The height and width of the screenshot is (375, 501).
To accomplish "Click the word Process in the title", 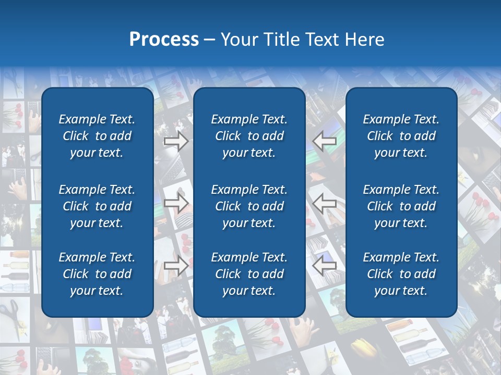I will tap(164, 40).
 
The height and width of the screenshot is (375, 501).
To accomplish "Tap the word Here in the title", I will tap(362, 40).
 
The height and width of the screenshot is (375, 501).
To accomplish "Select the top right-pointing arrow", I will tap(176, 141).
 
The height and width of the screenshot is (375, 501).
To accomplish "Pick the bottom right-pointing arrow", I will tap(176, 266).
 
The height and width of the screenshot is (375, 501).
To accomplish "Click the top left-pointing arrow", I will tap(324, 141).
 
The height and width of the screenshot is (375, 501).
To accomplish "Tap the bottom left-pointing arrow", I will tap(324, 266).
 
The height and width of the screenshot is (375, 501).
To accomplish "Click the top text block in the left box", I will tap(97, 136).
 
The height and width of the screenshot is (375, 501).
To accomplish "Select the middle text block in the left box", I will tap(97, 206).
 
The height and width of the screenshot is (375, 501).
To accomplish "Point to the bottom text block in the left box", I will tap(97, 274).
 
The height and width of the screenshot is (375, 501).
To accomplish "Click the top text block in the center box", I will tap(249, 136).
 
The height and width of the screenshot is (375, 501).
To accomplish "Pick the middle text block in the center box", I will tap(249, 206).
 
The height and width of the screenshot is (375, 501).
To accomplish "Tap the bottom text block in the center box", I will tap(249, 274).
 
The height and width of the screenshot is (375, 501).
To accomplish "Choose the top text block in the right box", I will tap(401, 136).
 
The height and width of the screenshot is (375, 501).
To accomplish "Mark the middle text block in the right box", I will tap(401, 206).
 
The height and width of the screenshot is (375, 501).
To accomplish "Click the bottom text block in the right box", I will tap(401, 274).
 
